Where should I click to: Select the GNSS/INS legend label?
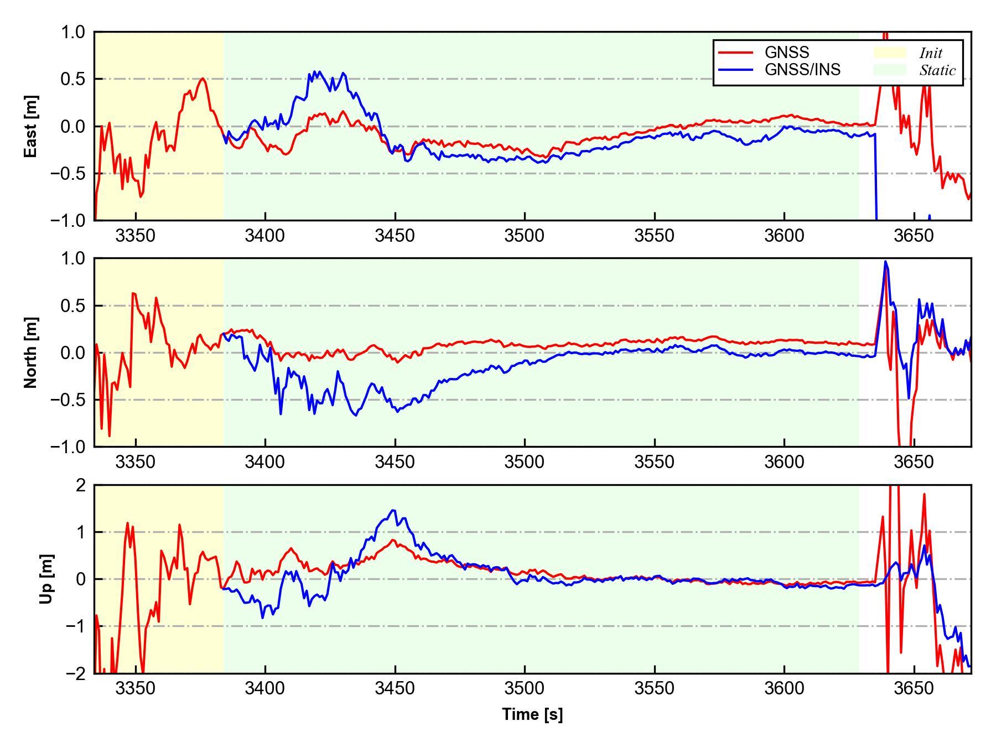[802, 70]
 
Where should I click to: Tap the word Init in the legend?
[931, 53]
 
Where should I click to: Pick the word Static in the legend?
[937, 70]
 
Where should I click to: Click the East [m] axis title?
[32, 126]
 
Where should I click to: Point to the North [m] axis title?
[32, 352]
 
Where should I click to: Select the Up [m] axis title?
[47, 579]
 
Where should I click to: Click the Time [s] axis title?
[532, 714]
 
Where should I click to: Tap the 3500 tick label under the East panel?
[525, 236]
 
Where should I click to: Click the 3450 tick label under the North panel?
[395, 462]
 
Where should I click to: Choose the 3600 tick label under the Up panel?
[784, 689]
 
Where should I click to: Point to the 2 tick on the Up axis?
[81, 485]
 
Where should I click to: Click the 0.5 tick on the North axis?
[74, 305]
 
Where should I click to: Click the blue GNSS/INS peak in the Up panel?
[393, 511]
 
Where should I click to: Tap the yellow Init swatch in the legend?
[890, 53]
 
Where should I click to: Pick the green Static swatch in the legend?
[890, 70]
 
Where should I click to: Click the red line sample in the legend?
[736, 53]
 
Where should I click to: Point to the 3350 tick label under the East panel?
[136, 236]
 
